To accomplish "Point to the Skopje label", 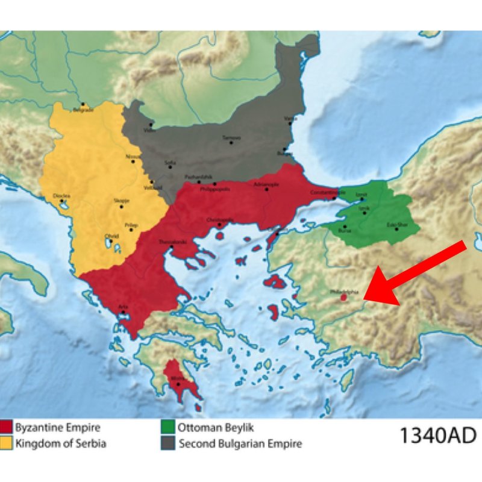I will click(x=121, y=201).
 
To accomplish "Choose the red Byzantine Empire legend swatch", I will click(x=7, y=429).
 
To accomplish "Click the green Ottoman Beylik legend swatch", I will click(x=168, y=429).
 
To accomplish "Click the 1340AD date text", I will click(x=437, y=435).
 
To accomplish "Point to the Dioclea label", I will click(x=62, y=196).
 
